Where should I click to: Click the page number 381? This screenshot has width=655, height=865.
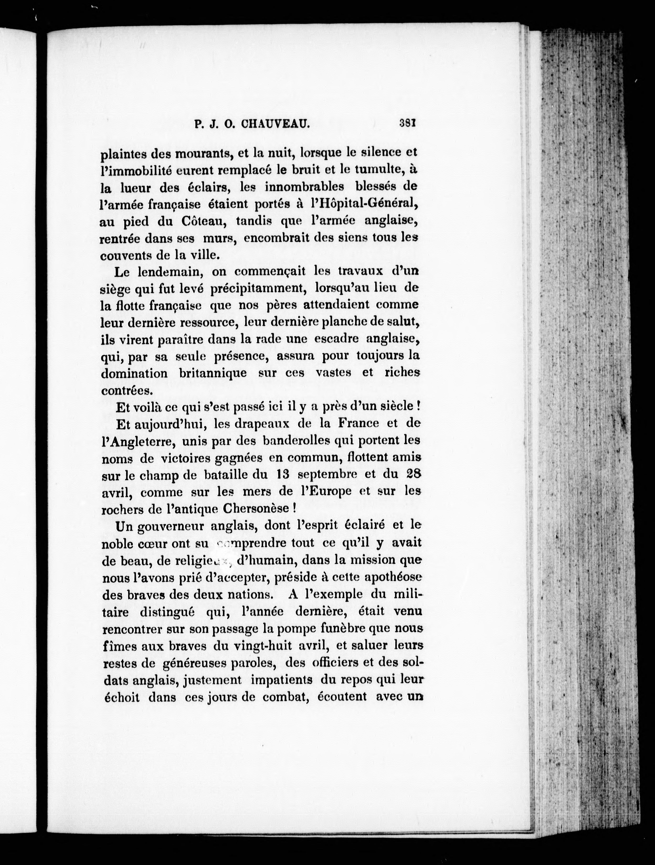[x=407, y=124]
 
